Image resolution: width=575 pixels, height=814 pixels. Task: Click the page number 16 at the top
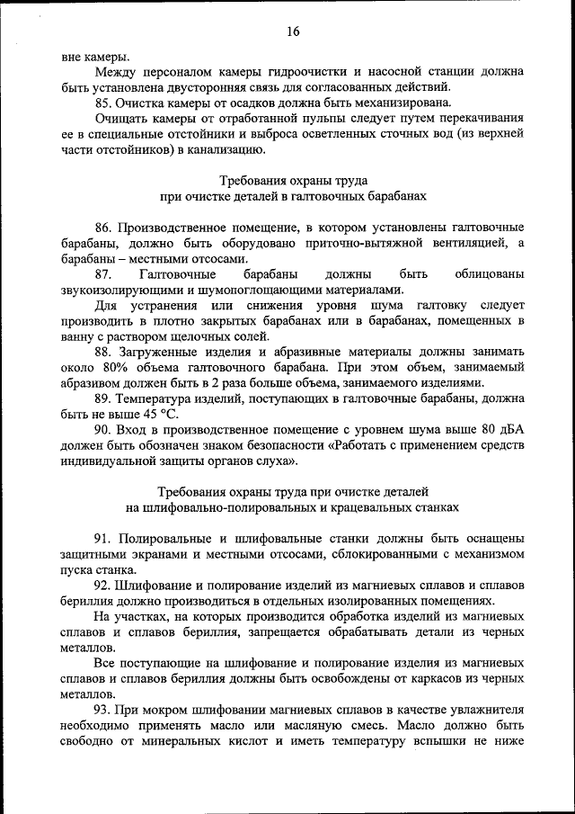point(293,31)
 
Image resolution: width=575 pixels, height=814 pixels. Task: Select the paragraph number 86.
point(103,226)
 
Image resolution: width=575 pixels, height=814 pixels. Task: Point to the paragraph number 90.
point(103,430)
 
